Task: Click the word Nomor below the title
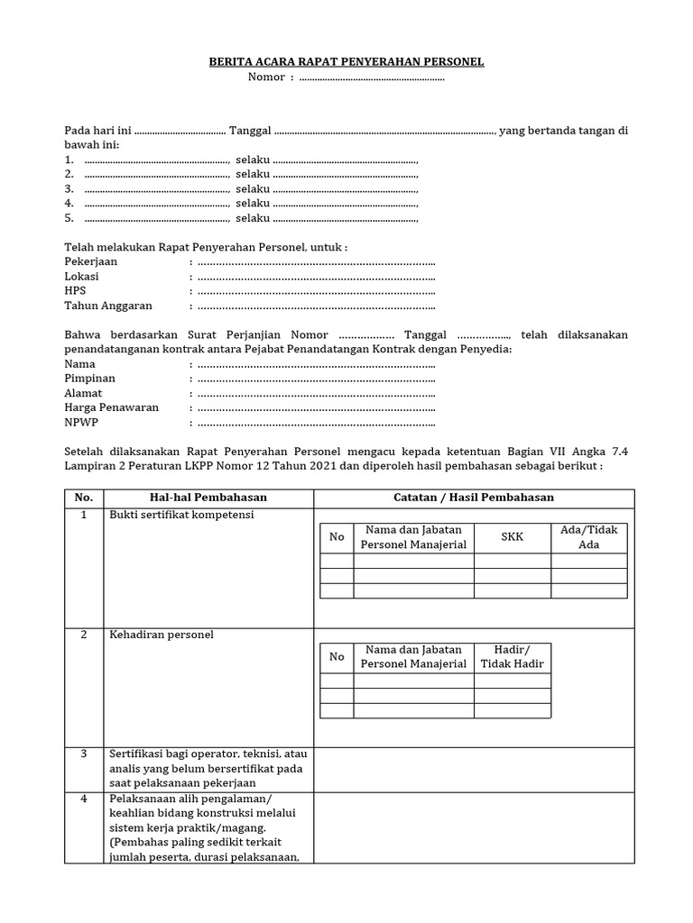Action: point(265,77)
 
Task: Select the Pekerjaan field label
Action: point(91,261)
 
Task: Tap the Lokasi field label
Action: point(82,276)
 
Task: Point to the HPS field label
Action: point(76,291)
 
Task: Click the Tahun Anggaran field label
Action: point(108,306)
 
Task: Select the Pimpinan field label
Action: point(90,379)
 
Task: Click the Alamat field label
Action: point(84,393)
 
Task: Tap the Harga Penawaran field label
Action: point(112,407)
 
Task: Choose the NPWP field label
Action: point(81,422)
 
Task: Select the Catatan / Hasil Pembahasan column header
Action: point(474,498)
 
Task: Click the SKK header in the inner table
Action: point(512,536)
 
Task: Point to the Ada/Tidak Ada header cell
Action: point(588,537)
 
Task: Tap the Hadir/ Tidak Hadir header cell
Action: point(512,656)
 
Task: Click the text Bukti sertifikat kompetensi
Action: point(181,515)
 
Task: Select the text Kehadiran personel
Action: point(161,635)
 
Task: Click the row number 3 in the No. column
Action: point(83,754)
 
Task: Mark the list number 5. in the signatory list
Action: point(69,218)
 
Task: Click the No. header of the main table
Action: point(83,498)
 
